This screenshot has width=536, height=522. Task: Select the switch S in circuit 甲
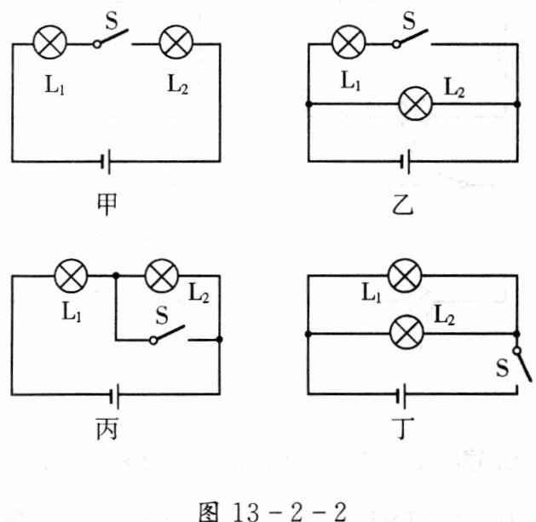pyautogui.click(x=112, y=37)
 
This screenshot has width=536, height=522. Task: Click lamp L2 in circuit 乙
pyautogui.click(x=416, y=105)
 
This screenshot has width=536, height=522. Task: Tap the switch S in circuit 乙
pyautogui.click(x=411, y=37)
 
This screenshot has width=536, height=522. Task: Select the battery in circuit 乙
pyautogui.click(x=407, y=159)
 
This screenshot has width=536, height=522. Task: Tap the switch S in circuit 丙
pyautogui.click(x=169, y=336)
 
